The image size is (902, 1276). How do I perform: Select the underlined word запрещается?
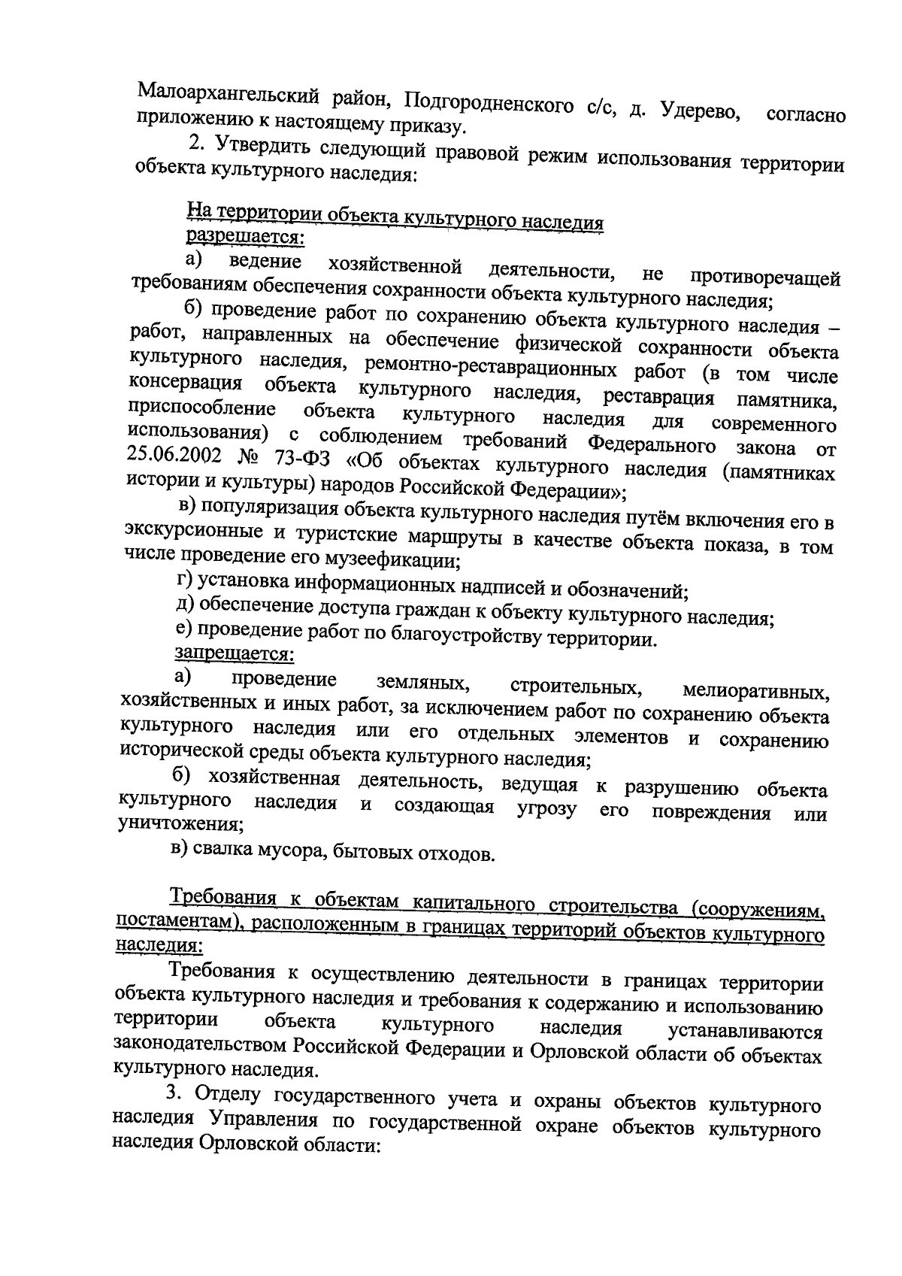pos(234,653)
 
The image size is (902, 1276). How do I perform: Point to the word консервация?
pos(186,383)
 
